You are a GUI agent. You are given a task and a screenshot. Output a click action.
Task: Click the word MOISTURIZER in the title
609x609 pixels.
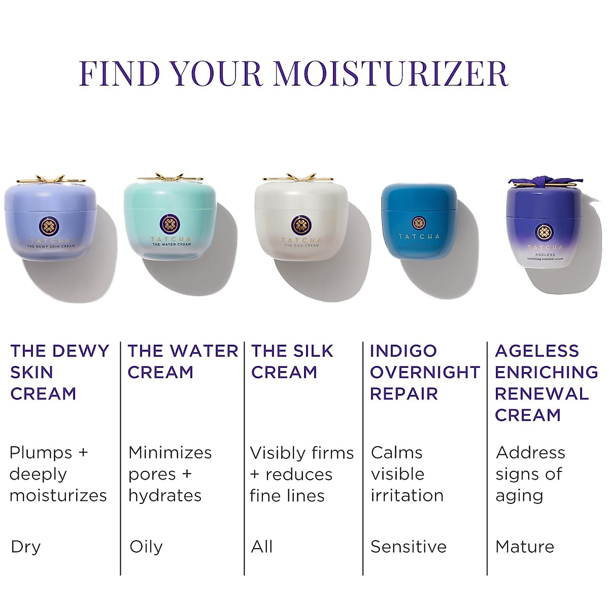coord(391,73)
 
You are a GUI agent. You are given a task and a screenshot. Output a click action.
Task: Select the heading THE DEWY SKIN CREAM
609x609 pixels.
coord(59,372)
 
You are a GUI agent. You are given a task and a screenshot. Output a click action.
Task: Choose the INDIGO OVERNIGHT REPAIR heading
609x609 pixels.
coord(424,372)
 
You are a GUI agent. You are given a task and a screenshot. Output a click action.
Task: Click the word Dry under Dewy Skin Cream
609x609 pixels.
coord(25,547)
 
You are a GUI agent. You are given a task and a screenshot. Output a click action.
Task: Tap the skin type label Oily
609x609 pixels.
coord(146,547)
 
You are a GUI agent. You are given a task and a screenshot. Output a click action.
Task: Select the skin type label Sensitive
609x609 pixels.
coord(409,547)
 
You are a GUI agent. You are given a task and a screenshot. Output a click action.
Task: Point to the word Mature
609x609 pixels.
coord(525,547)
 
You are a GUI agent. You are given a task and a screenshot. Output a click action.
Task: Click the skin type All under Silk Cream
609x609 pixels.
coord(262,547)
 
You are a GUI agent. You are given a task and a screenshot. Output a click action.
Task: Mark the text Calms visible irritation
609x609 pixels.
coord(407,473)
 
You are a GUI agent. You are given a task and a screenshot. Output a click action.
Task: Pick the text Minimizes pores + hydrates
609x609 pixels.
coord(170,473)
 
